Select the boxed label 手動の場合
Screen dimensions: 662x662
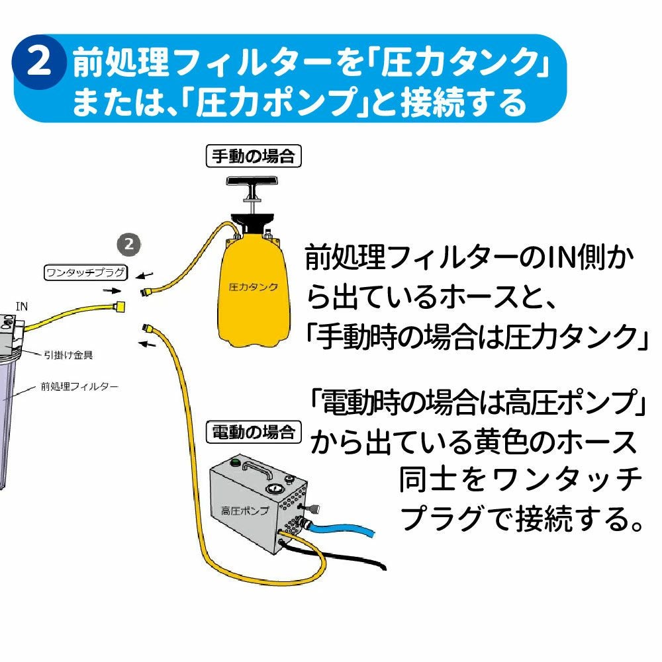[255, 157]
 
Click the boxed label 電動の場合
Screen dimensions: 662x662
[253, 434]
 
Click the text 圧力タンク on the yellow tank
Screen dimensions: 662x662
[252, 288]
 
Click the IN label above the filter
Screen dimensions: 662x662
[22, 306]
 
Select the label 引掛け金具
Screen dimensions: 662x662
[69, 355]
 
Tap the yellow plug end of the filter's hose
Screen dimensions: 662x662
[120, 306]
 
